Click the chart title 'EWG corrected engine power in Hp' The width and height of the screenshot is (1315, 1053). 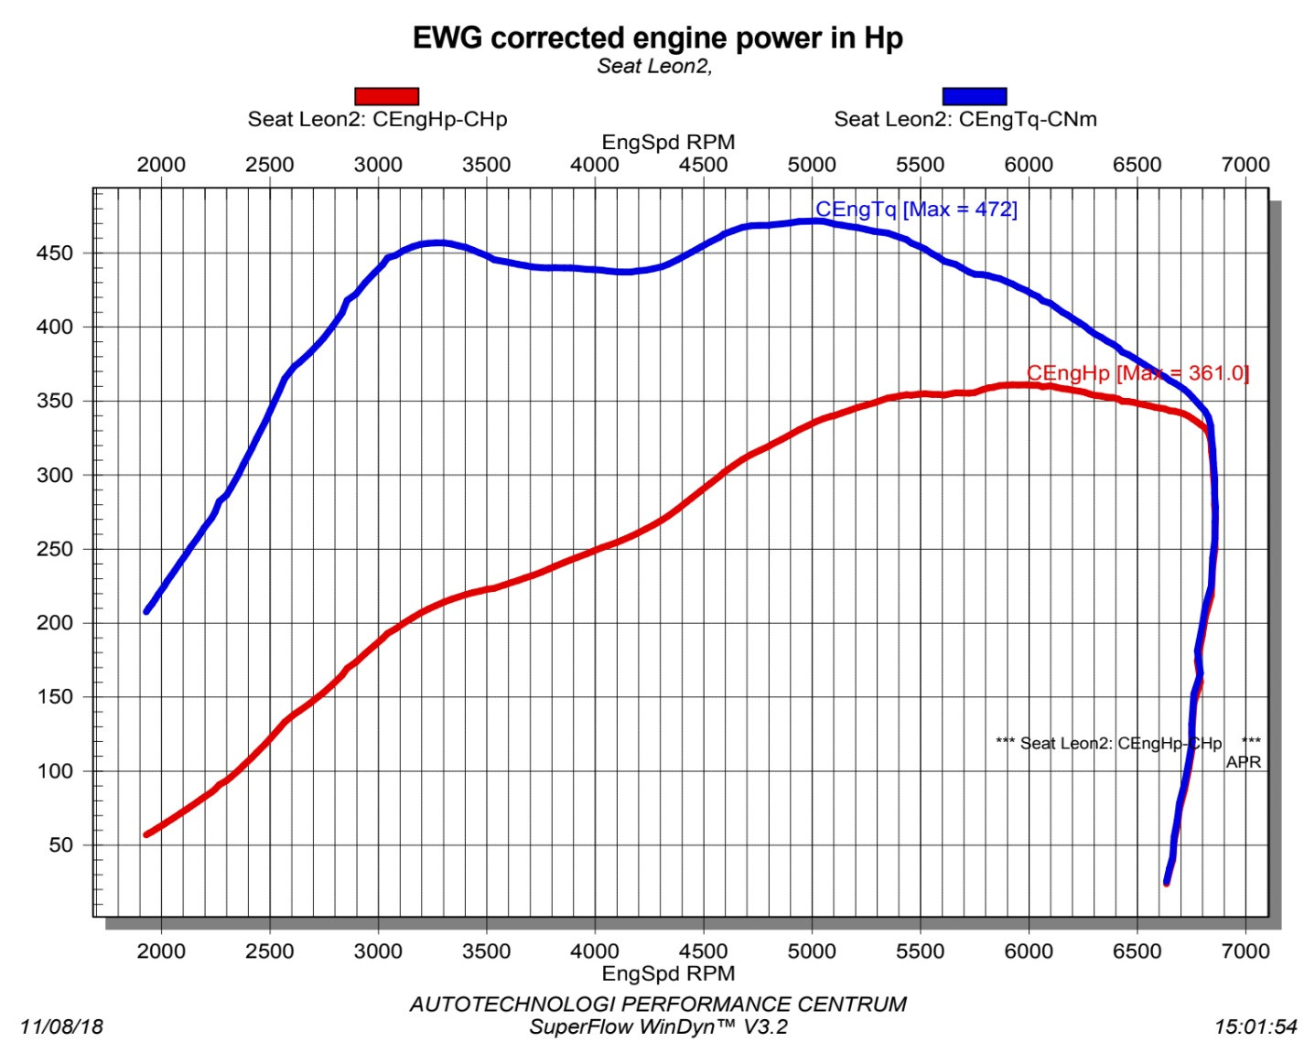(x=657, y=38)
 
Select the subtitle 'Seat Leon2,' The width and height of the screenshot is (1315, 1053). (x=654, y=66)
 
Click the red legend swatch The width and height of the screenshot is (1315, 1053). (x=386, y=96)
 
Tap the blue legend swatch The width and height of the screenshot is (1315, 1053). (x=974, y=96)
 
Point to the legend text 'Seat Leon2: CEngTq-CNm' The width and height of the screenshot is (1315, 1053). (x=965, y=119)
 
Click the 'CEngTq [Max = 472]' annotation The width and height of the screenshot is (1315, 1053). (x=916, y=209)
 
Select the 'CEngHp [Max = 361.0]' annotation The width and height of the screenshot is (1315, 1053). (x=1137, y=372)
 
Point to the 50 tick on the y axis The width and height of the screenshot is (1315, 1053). (x=61, y=845)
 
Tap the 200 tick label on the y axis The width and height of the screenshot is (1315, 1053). (x=56, y=623)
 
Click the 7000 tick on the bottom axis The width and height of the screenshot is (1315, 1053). (x=1245, y=951)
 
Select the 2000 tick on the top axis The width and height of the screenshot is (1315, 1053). (x=161, y=165)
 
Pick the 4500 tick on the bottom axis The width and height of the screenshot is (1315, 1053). (x=703, y=951)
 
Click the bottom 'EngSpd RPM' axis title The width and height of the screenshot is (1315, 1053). (x=668, y=972)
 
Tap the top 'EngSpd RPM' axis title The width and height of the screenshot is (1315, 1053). (x=668, y=143)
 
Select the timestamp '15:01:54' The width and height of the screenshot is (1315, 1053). (x=1256, y=1026)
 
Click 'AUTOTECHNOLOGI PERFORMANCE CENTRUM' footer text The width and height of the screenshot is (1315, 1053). (x=658, y=1004)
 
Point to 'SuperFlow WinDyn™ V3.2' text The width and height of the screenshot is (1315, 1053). (x=658, y=1026)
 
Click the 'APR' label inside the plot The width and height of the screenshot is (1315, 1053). (x=1243, y=762)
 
